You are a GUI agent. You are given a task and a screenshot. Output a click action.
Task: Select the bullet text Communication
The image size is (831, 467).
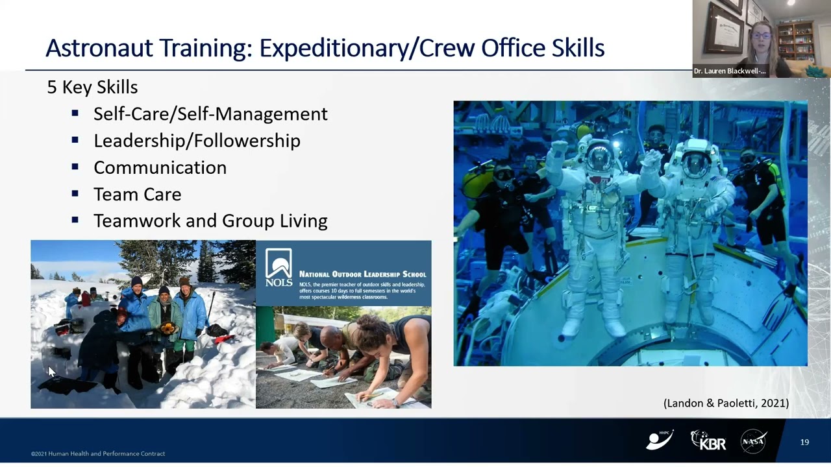tap(160, 167)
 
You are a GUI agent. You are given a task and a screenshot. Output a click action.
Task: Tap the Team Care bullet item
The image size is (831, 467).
tap(137, 194)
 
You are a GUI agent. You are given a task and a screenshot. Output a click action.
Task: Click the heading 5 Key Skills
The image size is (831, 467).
tap(92, 87)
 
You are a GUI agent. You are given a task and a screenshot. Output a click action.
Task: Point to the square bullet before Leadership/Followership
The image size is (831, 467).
tap(75, 140)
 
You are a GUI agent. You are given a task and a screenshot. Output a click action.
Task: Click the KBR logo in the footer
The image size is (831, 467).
tap(708, 440)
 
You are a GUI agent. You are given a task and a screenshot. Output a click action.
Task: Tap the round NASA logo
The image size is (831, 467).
tap(753, 441)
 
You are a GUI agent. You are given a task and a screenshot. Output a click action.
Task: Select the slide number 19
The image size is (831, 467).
tap(804, 442)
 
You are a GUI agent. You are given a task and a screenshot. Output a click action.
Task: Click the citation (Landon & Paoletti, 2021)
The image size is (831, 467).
tap(726, 403)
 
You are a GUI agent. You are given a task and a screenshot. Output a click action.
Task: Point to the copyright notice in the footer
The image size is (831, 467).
tap(98, 453)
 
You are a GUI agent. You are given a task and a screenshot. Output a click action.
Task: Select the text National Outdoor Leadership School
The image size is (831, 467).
tap(362, 274)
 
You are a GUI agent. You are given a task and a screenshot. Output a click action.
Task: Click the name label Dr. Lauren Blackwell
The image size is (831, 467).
tap(729, 71)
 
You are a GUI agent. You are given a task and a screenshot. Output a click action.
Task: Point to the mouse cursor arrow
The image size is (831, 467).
tap(51, 372)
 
